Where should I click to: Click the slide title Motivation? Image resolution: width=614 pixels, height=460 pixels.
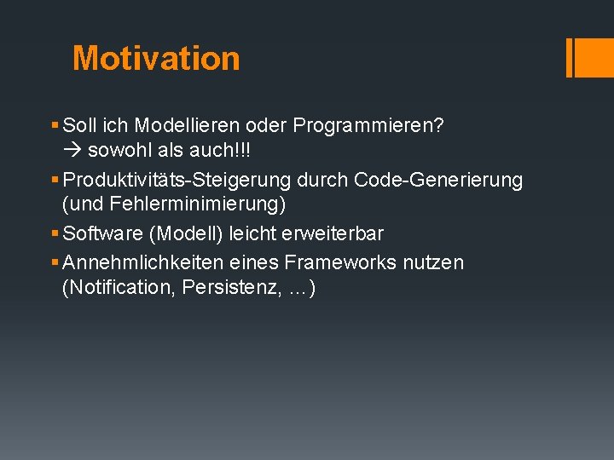(156, 58)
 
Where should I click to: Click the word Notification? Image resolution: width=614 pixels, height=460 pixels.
(119, 288)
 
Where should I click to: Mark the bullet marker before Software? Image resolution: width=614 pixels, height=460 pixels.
(55, 233)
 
